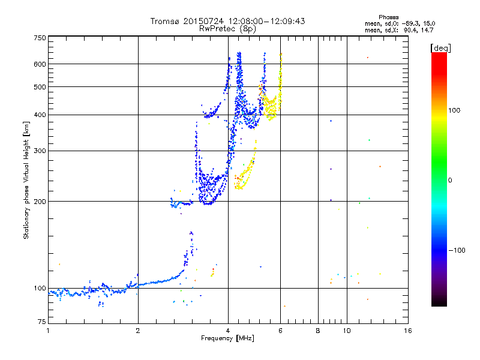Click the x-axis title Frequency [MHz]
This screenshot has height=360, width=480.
coord(227,339)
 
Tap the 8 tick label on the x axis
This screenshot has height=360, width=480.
coord(318,331)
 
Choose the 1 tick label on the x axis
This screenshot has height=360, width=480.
coord(49,331)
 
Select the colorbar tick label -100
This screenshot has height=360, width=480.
coord(458,250)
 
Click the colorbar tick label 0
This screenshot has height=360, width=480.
coord(450,180)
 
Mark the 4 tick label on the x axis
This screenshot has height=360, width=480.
coord(228,331)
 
